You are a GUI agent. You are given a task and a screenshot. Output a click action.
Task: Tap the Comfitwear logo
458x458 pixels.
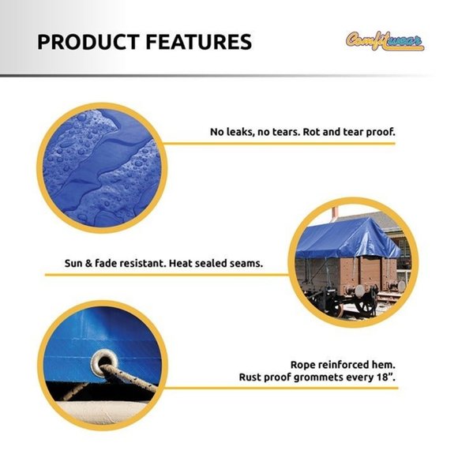pyautogui.click(x=385, y=39)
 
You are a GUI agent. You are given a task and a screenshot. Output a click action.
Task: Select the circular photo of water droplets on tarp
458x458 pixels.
pyautogui.click(x=101, y=161)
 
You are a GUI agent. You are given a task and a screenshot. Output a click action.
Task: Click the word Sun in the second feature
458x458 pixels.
pyautogui.click(x=74, y=262)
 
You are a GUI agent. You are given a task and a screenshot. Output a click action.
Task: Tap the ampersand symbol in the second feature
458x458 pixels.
pyautogui.click(x=91, y=262)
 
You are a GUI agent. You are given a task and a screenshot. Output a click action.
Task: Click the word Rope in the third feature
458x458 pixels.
pyautogui.click(x=305, y=364)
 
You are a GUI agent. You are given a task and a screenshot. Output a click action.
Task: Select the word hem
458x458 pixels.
pyautogui.click(x=384, y=364)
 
